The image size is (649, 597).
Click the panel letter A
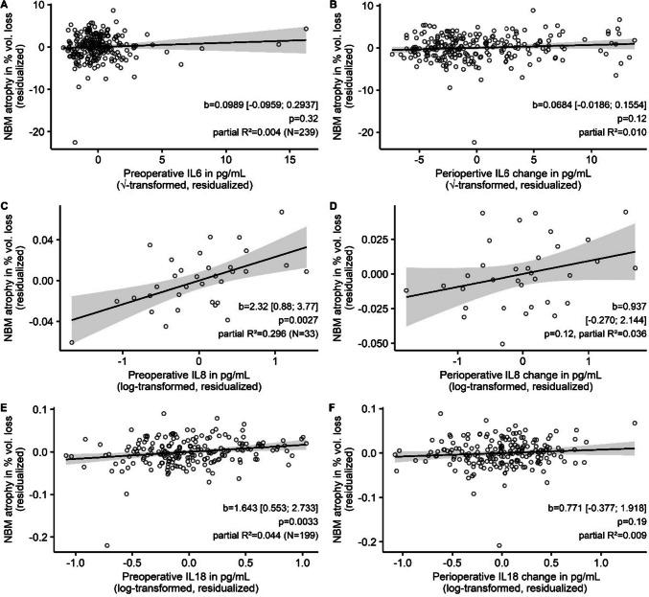coord(7,7)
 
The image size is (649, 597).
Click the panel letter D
coord(333,203)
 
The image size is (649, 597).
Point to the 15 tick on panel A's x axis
coord(290,161)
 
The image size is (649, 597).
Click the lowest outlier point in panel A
coord(75,142)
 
